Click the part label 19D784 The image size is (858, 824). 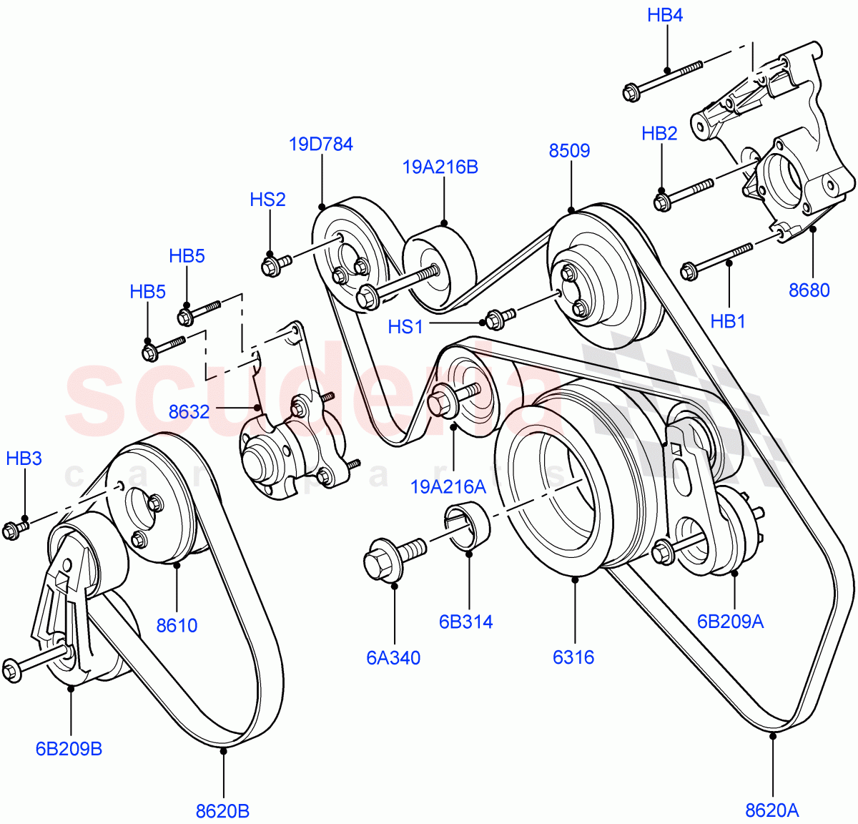(x=320, y=144)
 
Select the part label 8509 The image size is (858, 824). (x=569, y=151)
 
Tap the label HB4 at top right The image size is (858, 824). (x=665, y=15)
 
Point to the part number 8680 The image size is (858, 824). (x=809, y=290)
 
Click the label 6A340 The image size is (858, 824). (x=393, y=658)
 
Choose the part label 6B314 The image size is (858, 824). (x=465, y=622)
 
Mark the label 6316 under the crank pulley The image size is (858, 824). (x=573, y=657)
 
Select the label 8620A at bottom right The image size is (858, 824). (x=771, y=810)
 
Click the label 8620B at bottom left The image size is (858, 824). (x=222, y=811)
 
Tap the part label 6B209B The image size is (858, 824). (x=69, y=749)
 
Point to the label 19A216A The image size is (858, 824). (x=448, y=487)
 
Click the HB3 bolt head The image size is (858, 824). (x=11, y=531)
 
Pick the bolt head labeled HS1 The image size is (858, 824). (x=495, y=320)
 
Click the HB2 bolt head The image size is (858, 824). (x=662, y=201)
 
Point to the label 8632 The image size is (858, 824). (x=189, y=412)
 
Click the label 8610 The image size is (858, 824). (x=177, y=626)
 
